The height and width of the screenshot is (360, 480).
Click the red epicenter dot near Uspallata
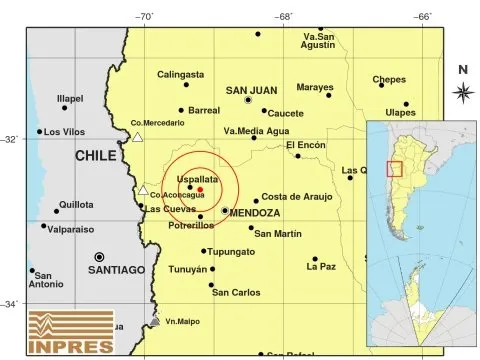coord(200,188)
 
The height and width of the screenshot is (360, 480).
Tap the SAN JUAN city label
coord(249,88)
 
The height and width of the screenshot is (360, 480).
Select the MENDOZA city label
coord(254,213)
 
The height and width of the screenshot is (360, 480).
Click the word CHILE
coord(97,156)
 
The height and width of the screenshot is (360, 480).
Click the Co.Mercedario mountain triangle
coord(138,136)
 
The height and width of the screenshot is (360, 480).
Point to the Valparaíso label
coord(68,227)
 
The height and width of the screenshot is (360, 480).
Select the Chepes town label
coord(389,79)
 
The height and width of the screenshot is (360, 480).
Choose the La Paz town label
coord(322,267)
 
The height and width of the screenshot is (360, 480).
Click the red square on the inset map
coord(395,168)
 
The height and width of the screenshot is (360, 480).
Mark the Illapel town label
coord(69,98)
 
